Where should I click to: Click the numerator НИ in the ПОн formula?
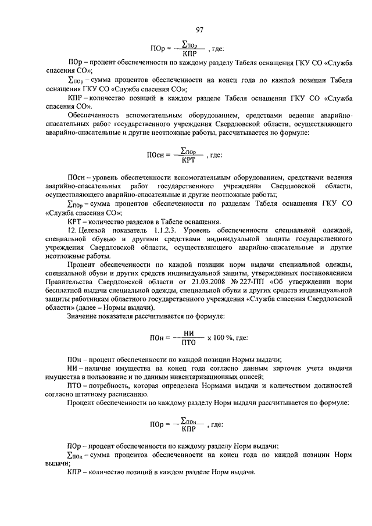click(188, 332)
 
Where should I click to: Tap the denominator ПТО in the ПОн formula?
click(187, 342)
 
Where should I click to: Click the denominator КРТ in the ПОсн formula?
click(188, 159)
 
